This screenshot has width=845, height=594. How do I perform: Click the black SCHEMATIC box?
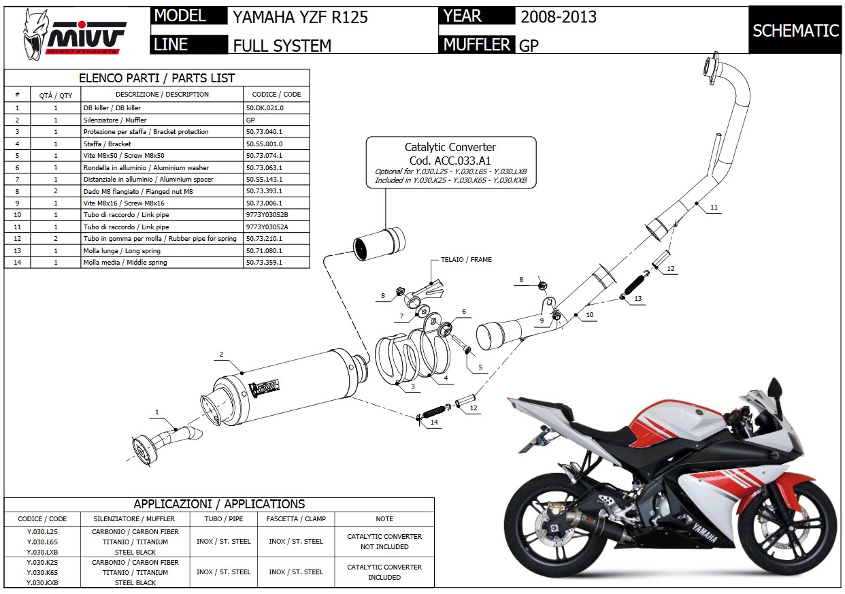pos(795,31)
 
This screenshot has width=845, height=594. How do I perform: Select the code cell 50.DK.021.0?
pos(265,108)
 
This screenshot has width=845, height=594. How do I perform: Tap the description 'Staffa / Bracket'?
pos(107,144)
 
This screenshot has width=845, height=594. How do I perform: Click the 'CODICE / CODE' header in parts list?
pos(276,94)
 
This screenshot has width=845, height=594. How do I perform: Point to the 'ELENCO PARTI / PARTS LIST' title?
pos(156,78)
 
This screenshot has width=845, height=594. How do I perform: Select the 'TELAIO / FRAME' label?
pos(465,259)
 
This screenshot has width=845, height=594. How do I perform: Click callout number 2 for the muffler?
pos(222,354)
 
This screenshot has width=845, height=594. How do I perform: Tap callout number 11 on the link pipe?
pos(713,207)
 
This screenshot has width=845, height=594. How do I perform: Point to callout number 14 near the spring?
pos(434,423)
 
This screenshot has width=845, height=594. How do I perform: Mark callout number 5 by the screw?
pos(480,367)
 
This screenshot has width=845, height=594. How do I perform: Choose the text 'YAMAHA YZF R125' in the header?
pos(300,17)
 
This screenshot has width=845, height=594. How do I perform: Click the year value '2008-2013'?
pos(559,17)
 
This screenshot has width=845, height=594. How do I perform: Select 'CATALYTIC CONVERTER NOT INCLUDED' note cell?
pos(384,542)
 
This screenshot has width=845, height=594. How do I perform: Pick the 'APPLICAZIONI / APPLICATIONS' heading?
pos(219,504)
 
